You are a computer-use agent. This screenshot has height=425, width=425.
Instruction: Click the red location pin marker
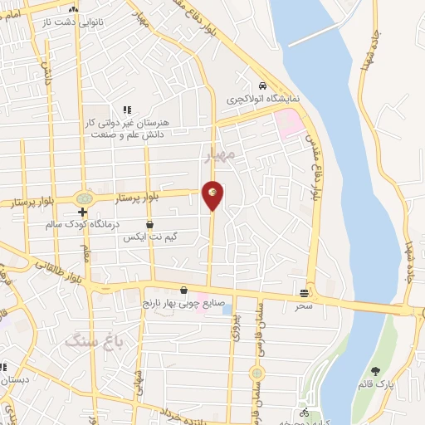coord(212,193)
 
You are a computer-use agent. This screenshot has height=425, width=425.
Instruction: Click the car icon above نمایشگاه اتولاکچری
coord(262,85)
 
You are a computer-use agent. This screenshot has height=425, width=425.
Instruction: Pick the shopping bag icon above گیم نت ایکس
coord(149,225)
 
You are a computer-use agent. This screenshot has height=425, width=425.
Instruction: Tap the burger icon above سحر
coord(305,292)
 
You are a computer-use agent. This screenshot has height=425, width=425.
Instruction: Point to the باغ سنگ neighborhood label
coord(94,341)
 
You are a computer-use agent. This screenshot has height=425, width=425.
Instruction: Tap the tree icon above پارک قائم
coord(375,371)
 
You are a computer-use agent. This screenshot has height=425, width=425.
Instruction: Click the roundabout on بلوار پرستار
coord(84,198)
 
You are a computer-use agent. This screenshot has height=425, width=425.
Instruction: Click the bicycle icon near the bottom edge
coord(305,413)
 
